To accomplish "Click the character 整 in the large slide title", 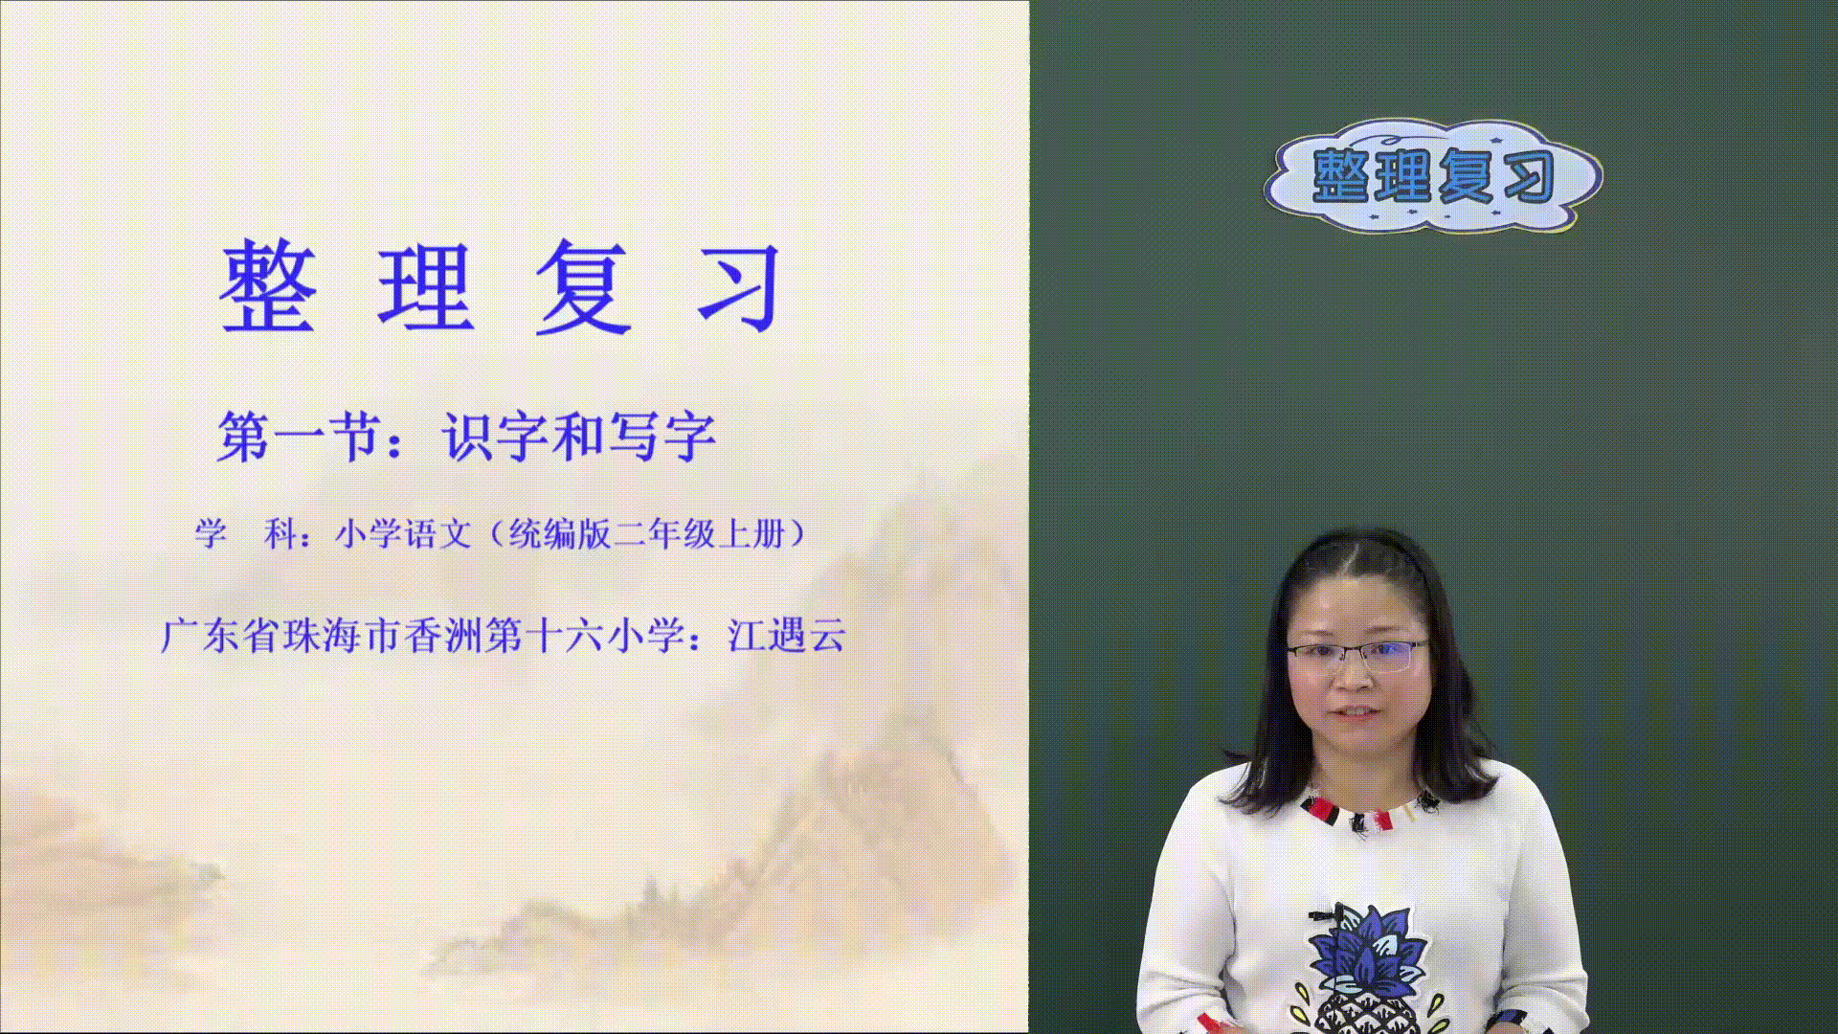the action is (x=269, y=286).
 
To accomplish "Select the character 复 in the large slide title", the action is (x=583, y=286).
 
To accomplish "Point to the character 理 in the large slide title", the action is (x=426, y=286).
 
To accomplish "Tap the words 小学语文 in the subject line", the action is (x=403, y=533).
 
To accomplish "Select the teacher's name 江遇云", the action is (x=787, y=636).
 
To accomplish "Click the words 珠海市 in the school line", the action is (x=341, y=636).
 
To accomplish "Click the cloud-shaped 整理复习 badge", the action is (x=1433, y=176).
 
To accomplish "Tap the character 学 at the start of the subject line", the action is (x=212, y=533).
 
